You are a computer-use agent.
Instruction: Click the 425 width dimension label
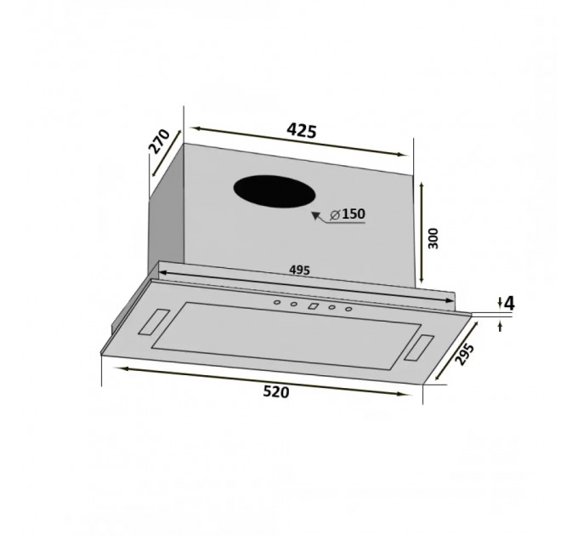pos(302,130)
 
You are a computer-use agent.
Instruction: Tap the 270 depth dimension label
pos(159,141)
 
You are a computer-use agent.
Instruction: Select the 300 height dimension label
pos(433,238)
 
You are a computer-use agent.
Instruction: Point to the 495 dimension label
pos(299,270)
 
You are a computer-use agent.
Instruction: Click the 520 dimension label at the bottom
pos(276,391)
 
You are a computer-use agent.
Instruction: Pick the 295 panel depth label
pos(464,354)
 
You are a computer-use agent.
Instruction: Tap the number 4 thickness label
pos(509,303)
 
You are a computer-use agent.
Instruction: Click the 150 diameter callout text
pos(354,214)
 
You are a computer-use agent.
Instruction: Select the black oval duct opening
pos(275,191)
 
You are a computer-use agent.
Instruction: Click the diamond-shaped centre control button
pos(313,305)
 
